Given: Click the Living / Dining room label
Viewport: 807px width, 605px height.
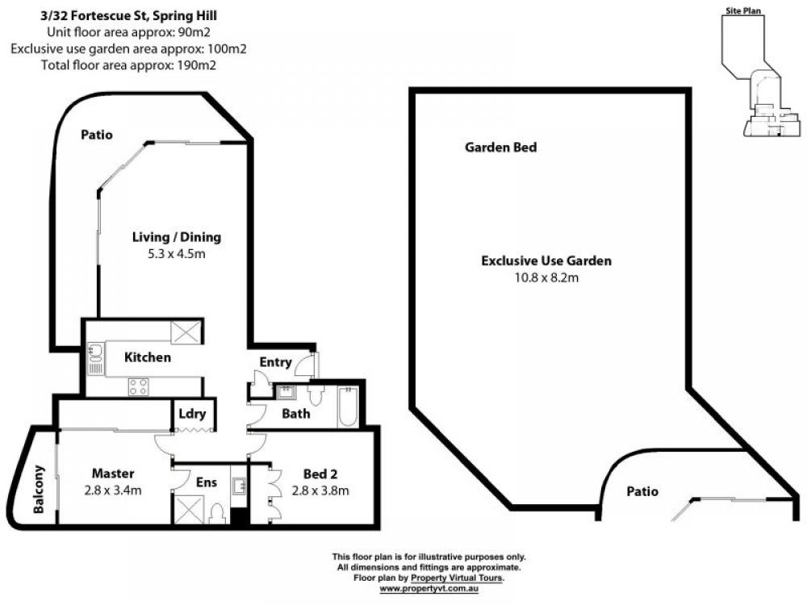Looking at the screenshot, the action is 177,237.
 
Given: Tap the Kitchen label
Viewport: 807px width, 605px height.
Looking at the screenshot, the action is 147,357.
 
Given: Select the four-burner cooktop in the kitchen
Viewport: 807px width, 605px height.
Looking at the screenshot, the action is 139,387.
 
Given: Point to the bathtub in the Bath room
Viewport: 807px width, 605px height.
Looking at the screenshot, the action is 349,407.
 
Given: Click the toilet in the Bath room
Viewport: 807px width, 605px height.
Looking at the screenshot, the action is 316,395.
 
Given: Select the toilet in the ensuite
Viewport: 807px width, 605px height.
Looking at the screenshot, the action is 218,513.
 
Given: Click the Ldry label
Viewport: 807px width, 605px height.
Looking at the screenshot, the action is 193,414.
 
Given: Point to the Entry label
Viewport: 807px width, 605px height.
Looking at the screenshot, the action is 275,363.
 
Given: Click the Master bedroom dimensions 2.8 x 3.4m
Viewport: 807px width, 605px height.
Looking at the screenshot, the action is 113,490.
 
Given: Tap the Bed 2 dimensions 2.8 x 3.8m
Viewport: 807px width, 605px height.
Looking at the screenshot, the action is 320,490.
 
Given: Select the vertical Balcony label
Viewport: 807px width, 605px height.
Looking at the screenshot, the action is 39,490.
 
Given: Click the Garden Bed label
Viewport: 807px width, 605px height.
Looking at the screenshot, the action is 501,148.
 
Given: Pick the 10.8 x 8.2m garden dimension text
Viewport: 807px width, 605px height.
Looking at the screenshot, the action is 546,277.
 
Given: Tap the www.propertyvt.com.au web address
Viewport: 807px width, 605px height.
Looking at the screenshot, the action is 429,589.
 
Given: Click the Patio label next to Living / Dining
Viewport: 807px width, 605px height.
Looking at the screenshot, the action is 97,135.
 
